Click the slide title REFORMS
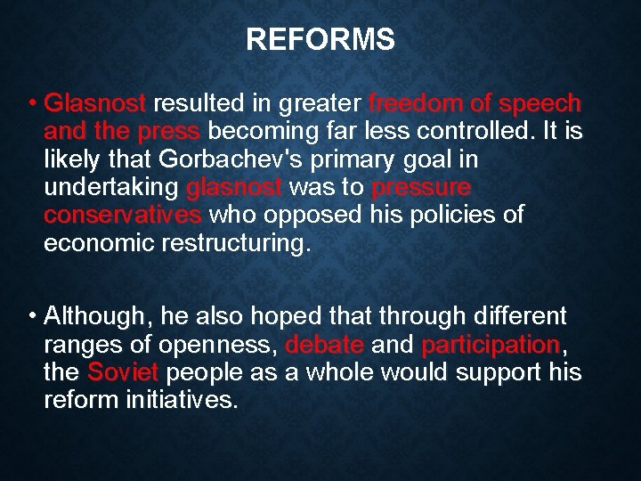[x=320, y=40]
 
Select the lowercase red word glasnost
[x=235, y=188]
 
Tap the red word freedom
[x=410, y=104]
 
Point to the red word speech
[x=540, y=104]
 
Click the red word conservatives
[x=122, y=216]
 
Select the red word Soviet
[x=123, y=372]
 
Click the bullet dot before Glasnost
[x=31, y=104]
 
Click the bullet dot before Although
[x=31, y=316]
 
